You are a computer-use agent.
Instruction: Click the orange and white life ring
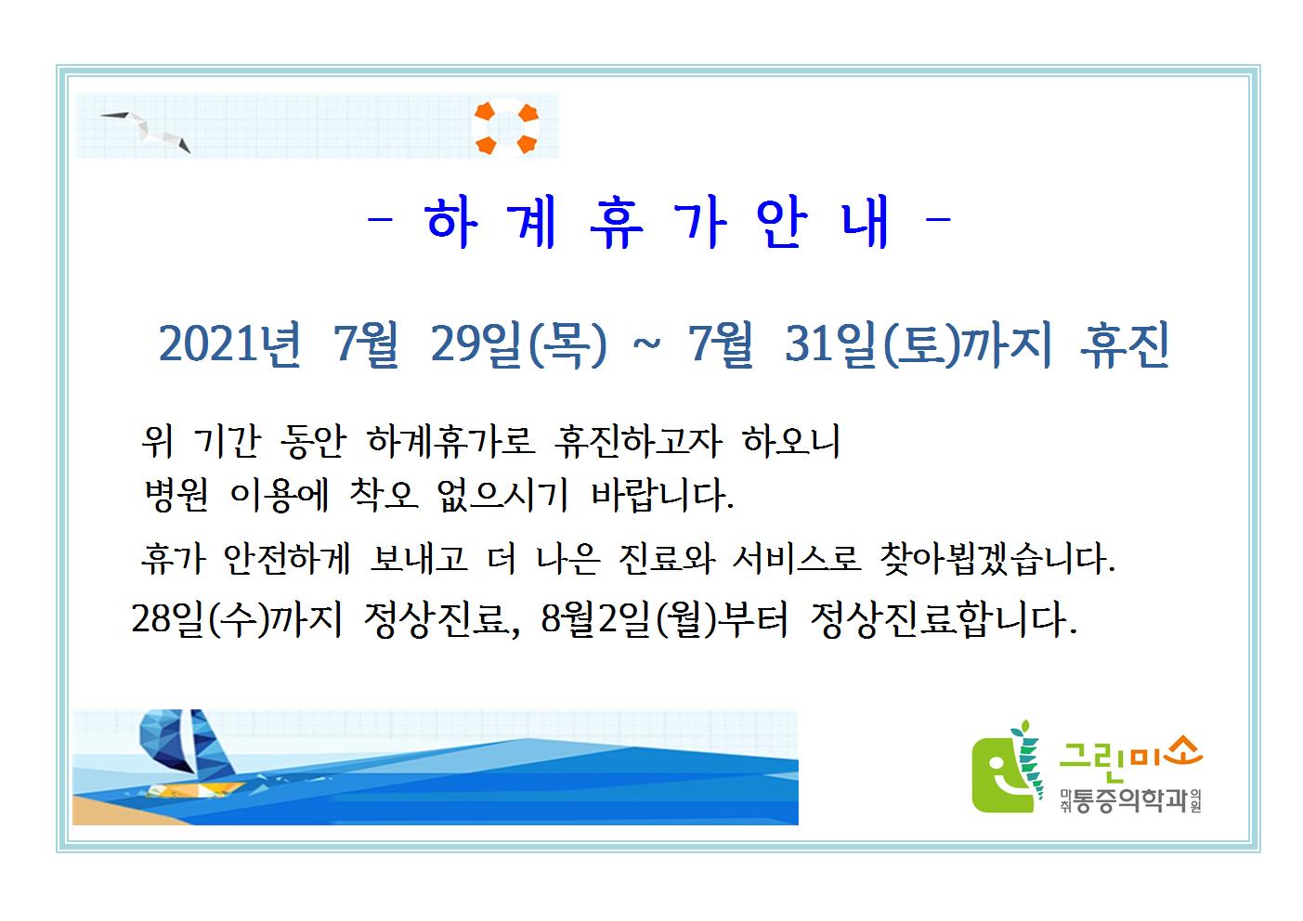505,128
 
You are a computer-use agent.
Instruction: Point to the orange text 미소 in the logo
1165,754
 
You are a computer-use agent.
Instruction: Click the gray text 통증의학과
1129,801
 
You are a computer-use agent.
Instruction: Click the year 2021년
230,344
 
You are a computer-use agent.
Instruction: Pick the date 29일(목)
519,344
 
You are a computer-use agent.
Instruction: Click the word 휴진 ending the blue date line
1125,344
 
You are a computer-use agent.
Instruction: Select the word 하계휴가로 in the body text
450,441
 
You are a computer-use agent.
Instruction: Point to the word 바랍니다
662,495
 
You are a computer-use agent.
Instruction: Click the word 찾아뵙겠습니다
997,559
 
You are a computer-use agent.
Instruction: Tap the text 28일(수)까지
238,618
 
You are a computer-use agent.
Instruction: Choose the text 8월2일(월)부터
665,618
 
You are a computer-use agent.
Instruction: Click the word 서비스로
796,559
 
